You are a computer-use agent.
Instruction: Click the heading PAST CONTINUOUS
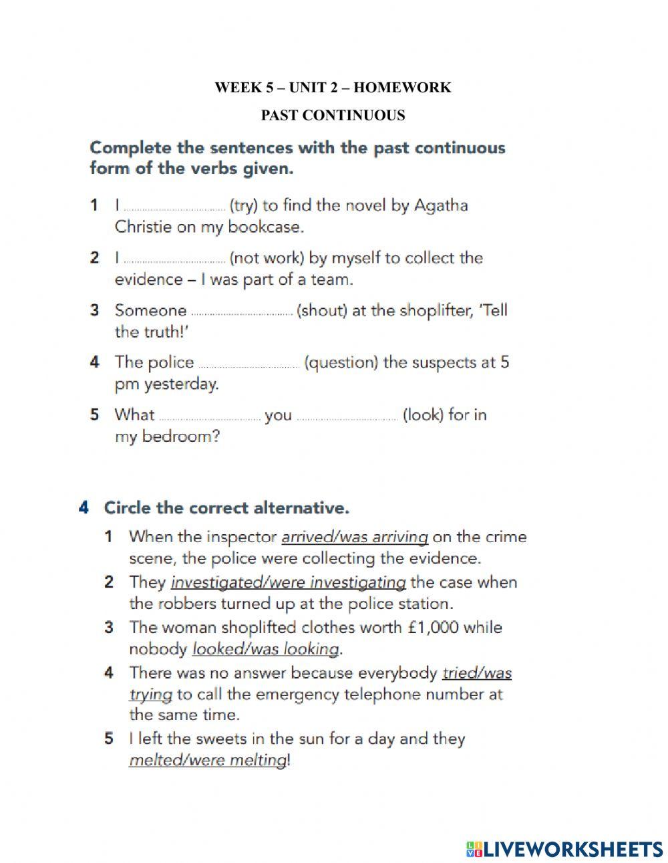click(333, 116)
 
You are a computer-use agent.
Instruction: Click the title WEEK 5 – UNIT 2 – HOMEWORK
click(333, 88)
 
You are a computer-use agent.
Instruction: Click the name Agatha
click(441, 205)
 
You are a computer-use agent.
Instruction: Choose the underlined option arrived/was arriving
click(355, 537)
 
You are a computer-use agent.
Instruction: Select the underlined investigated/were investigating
click(288, 582)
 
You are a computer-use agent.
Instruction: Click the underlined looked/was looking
click(266, 649)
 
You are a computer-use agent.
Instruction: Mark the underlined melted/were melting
click(208, 760)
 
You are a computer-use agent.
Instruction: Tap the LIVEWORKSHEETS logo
click(564, 849)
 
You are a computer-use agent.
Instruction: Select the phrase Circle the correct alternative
click(226, 508)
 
